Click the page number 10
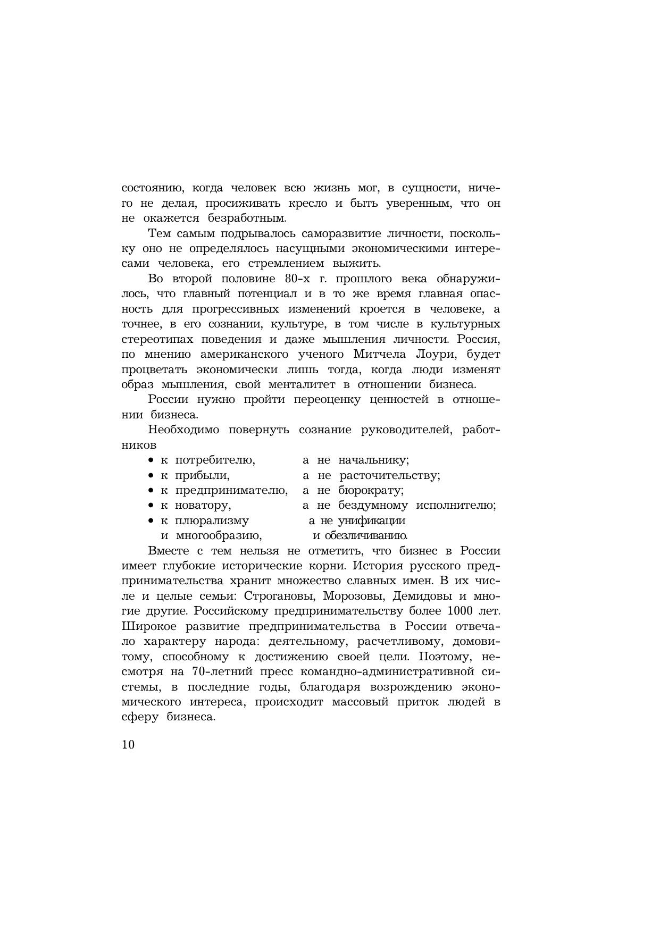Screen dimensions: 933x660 128,744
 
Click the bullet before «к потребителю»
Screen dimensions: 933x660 151,460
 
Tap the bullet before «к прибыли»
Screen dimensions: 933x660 151,475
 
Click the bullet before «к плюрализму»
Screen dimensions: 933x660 151,520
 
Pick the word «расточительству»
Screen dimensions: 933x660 390,475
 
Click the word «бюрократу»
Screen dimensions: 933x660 371,491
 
